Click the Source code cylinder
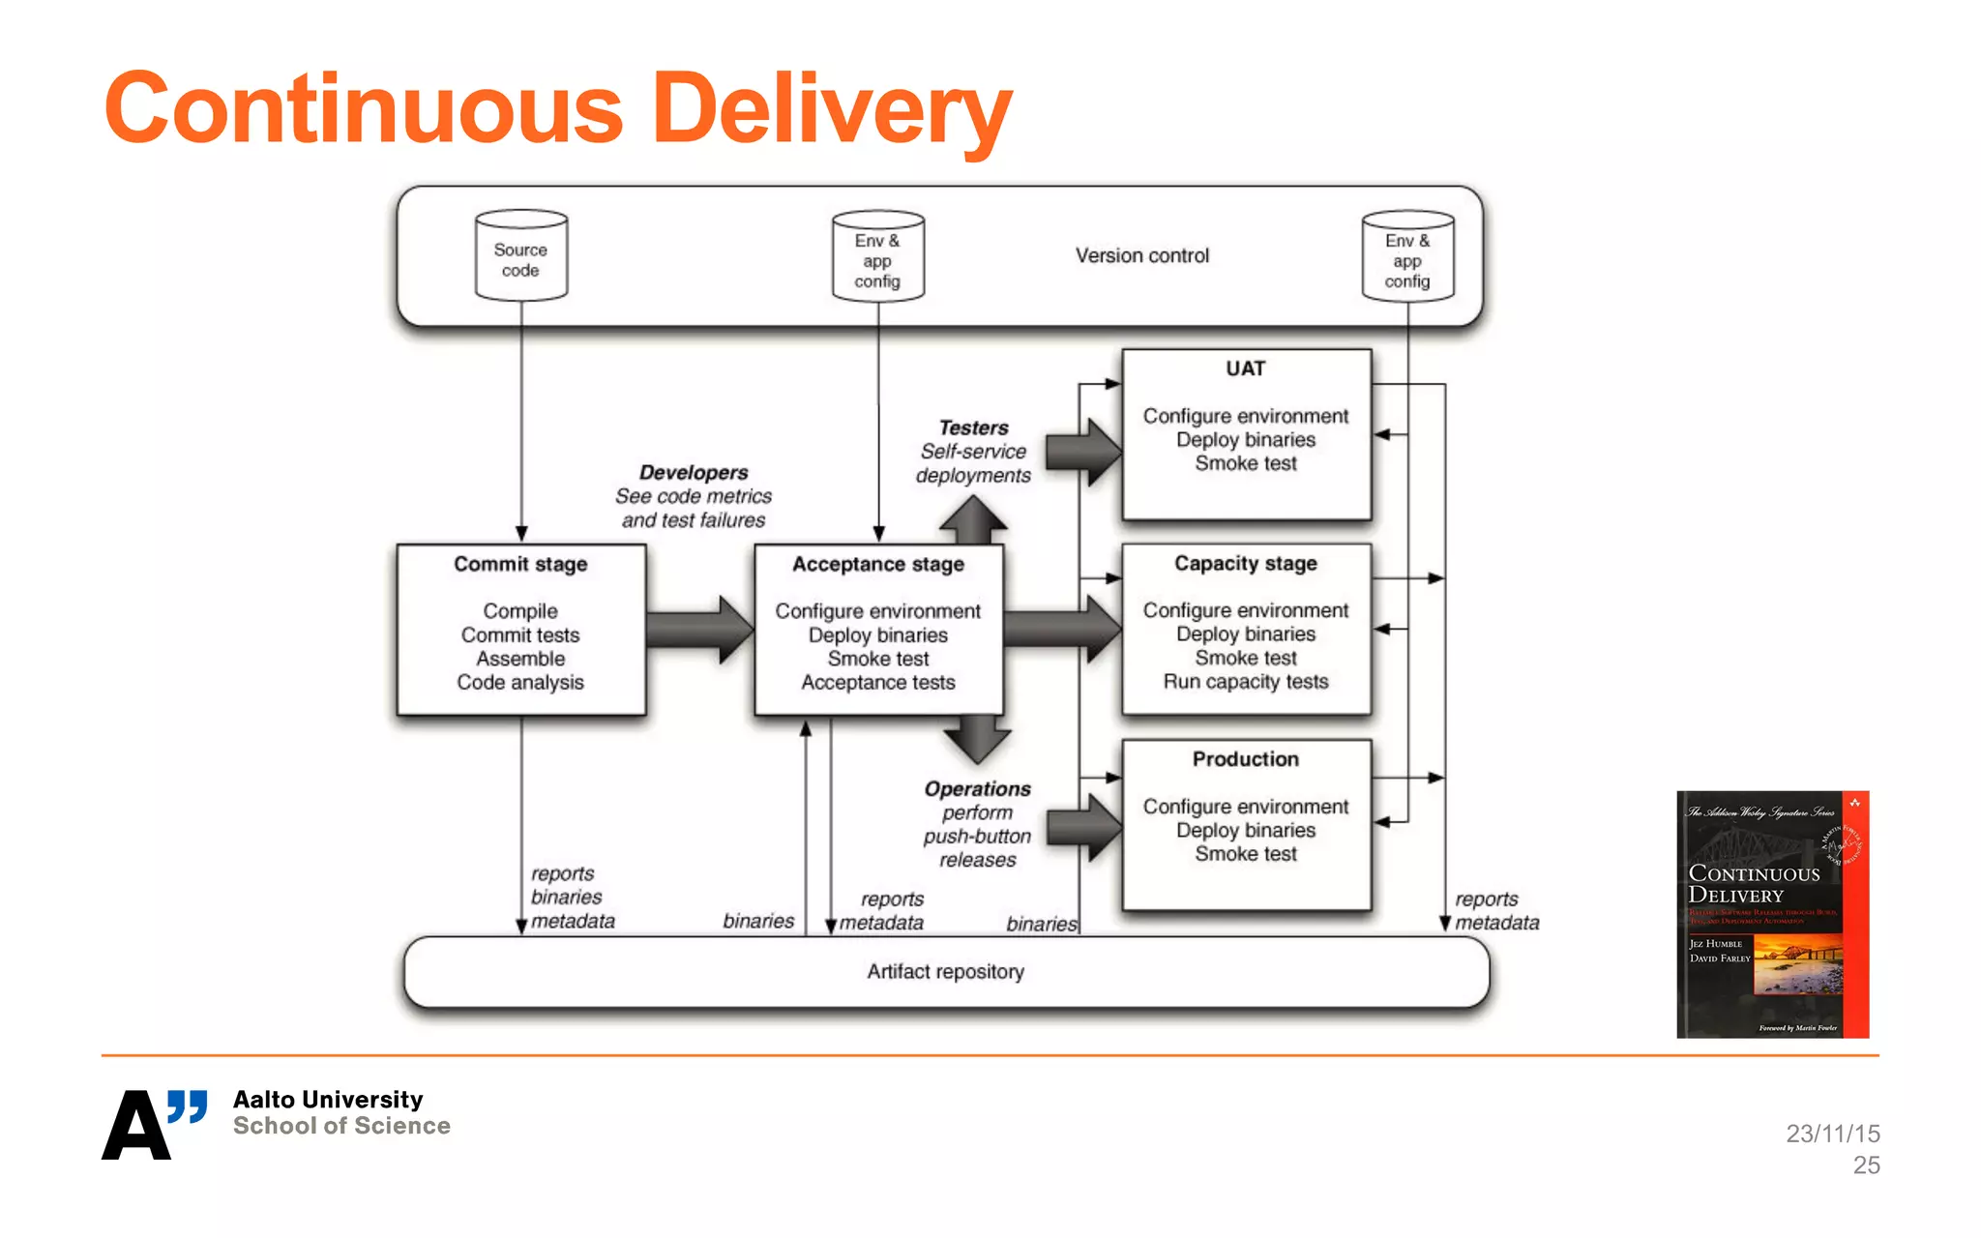521,257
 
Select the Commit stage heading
520,564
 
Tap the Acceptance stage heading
878,564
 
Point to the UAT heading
1245,368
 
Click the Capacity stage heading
1246,563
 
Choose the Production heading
1246,759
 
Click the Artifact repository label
945,971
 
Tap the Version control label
1142,255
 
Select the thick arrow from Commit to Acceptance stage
699,630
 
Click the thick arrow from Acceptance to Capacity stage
1062,629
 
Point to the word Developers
694,472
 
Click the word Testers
973,427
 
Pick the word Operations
977,788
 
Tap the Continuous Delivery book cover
1772,914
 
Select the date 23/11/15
1833,1134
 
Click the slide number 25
1866,1165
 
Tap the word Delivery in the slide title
832,109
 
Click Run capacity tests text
1246,682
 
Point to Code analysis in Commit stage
520,683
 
